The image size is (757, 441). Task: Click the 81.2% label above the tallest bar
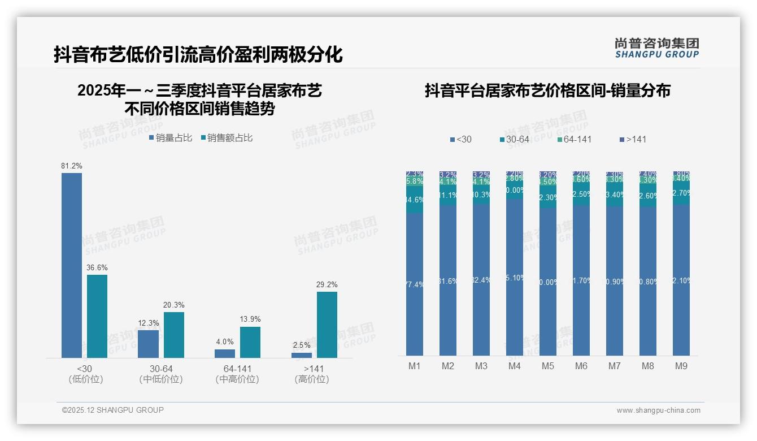click(72, 166)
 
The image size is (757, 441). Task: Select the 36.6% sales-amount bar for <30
click(97, 316)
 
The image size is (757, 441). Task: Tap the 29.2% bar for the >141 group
click(327, 325)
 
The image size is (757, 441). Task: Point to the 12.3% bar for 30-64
click(148, 344)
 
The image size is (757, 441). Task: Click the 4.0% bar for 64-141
click(225, 353)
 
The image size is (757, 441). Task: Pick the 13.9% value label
click(250, 319)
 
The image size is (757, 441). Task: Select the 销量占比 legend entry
click(171, 138)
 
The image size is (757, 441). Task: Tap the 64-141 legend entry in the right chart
click(574, 139)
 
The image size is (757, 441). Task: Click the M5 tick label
click(548, 366)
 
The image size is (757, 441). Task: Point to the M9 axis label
click(681, 366)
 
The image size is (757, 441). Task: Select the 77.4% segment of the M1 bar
click(415, 284)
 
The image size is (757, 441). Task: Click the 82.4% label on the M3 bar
click(481, 280)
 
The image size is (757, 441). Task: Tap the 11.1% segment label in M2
click(448, 195)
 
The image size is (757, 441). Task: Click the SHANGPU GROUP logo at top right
click(657, 48)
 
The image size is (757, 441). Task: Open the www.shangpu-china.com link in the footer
click(658, 410)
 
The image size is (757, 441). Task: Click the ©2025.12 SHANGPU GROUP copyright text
click(113, 410)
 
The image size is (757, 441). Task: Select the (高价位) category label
click(312, 379)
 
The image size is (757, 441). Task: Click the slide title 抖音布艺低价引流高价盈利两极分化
click(198, 55)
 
